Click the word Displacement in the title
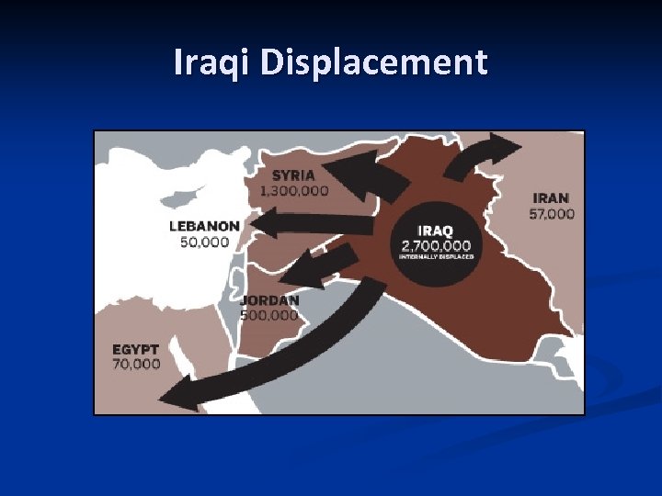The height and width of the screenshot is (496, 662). pyautogui.click(x=373, y=62)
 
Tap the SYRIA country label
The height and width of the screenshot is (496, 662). pyautogui.click(x=293, y=175)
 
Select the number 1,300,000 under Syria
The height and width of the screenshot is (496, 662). pyautogui.click(x=294, y=191)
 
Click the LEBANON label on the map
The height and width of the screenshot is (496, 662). pyautogui.click(x=205, y=226)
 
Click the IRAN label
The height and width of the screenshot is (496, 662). pyautogui.click(x=552, y=197)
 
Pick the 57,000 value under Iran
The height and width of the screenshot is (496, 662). pyautogui.click(x=552, y=214)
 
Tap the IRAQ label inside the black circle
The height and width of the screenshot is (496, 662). pyautogui.click(x=436, y=231)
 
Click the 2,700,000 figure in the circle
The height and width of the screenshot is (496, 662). pyautogui.click(x=436, y=245)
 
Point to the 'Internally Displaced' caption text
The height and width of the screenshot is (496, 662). pyautogui.click(x=436, y=257)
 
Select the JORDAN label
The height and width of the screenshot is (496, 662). pyautogui.click(x=269, y=300)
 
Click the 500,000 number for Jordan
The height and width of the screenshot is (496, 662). pyautogui.click(x=269, y=315)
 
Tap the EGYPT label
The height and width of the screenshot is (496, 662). pyautogui.click(x=136, y=349)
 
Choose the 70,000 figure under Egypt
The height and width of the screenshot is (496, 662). pyautogui.click(x=136, y=364)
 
